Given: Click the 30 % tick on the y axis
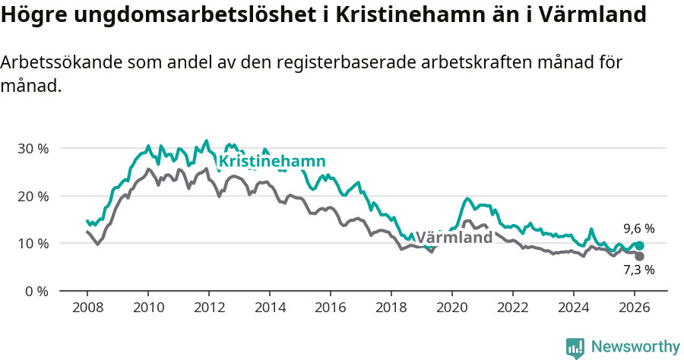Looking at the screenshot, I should [32, 148].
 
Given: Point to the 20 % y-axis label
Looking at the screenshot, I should [32, 196].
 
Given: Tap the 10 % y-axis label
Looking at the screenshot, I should [32, 244].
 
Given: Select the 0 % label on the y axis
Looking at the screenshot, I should [36, 291].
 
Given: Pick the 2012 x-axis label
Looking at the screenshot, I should [208, 308].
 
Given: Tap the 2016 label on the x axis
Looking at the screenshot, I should [330, 308].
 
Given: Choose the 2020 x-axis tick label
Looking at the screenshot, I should [452, 308].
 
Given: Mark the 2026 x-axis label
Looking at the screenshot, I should [635, 308].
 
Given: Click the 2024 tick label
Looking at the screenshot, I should [574, 308].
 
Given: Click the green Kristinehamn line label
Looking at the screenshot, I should [272, 161].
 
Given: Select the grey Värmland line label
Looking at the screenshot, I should [454, 238].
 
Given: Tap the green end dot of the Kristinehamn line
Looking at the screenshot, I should [640, 245].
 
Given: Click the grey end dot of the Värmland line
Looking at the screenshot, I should [639, 257].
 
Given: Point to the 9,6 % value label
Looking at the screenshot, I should [638, 229].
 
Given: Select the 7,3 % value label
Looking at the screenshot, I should [638, 270].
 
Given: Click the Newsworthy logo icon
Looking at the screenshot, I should [575, 348].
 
